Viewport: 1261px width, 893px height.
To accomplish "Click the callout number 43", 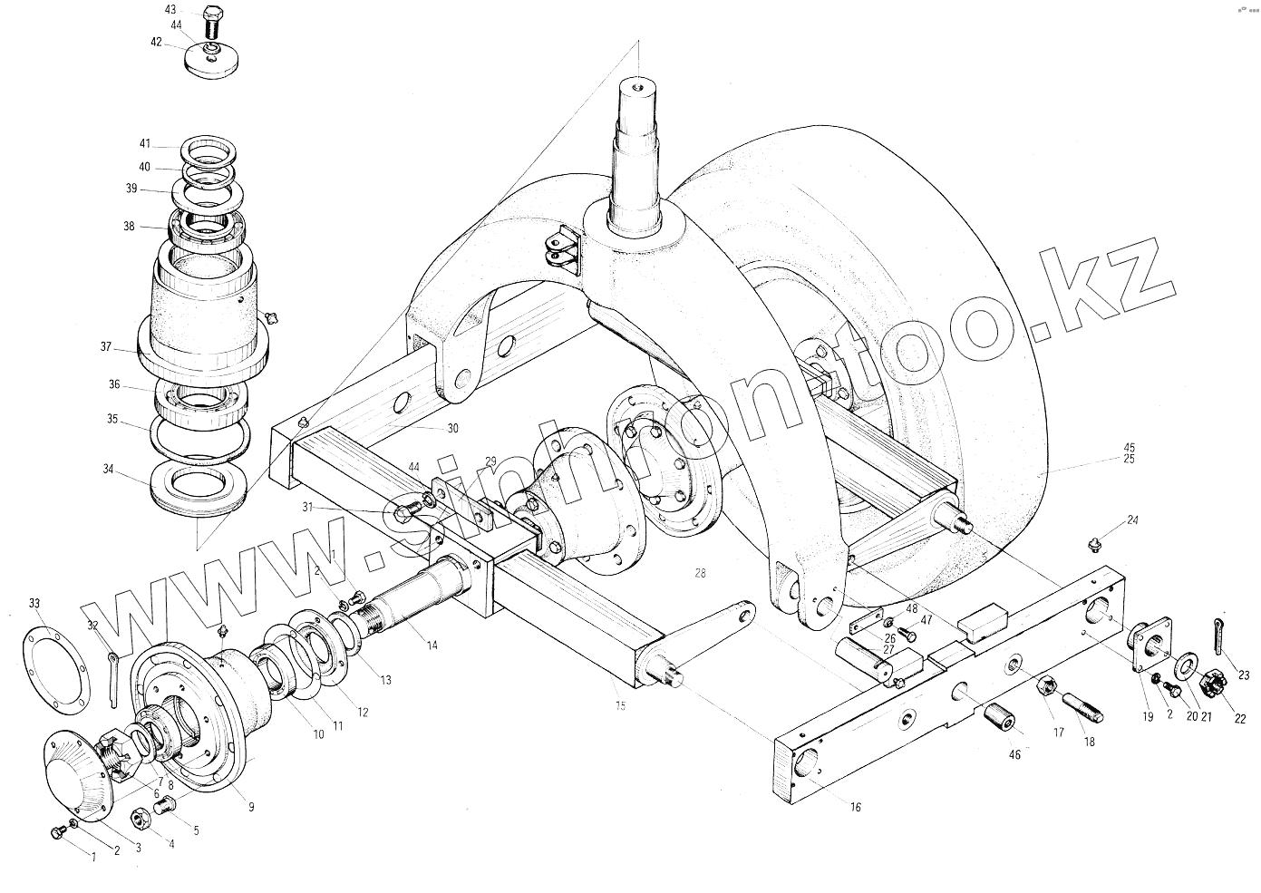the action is [x=170, y=10].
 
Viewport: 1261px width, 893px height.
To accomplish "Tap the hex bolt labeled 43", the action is [x=211, y=23].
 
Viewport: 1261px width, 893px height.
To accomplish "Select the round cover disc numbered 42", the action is [x=212, y=59].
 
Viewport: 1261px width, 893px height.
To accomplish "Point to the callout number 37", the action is [x=106, y=347].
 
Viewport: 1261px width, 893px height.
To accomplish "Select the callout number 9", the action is [x=251, y=808].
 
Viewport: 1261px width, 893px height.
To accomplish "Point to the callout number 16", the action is [x=855, y=808].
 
